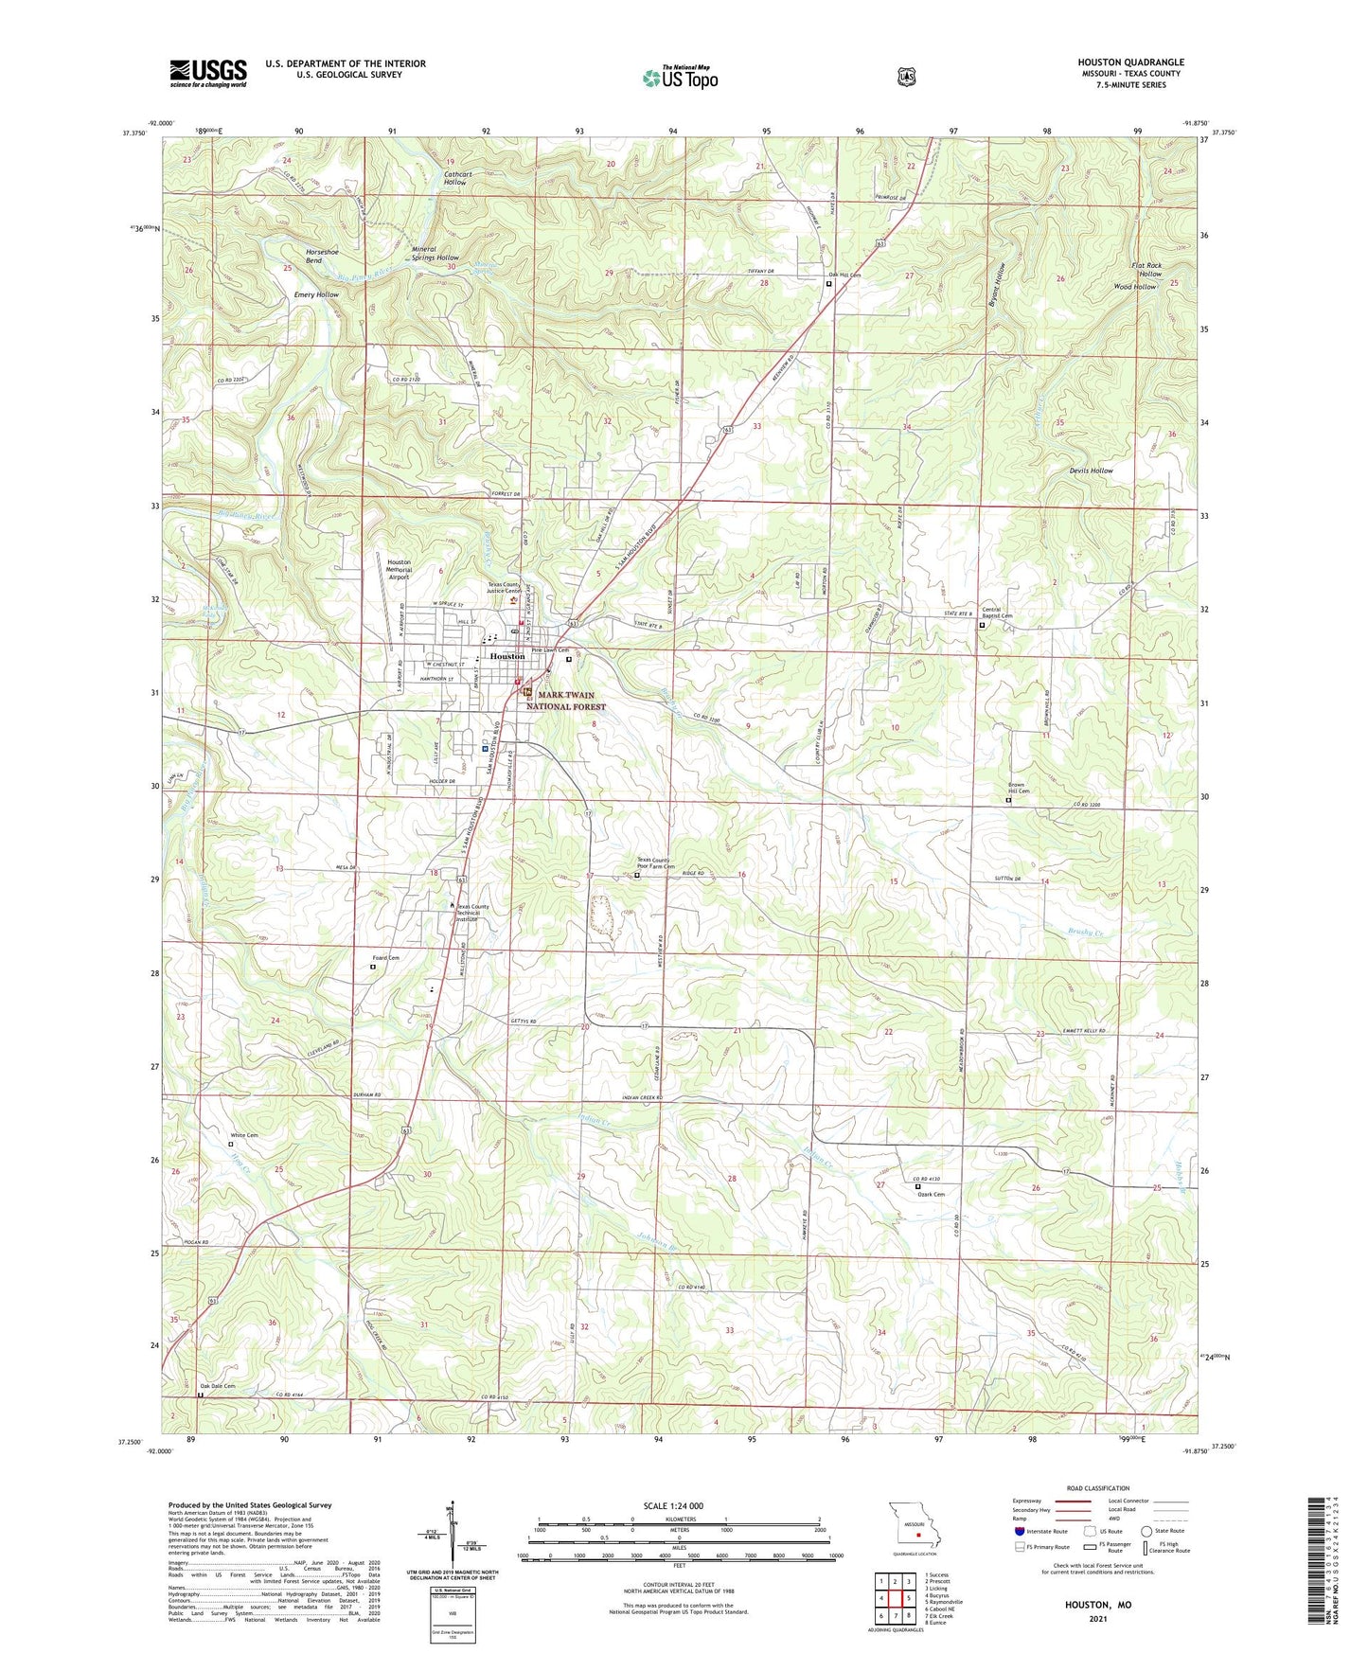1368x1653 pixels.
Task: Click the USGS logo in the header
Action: [208, 72]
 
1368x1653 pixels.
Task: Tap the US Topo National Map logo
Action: [680, 77]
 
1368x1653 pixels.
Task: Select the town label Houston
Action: [507, 656]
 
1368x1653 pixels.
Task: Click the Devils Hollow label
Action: [1091, 471]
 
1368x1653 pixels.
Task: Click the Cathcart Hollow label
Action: [454, 178]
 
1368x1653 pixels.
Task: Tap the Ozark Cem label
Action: [931, 1195]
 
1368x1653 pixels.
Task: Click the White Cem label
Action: [244, 1134]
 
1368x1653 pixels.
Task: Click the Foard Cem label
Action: [385, 958]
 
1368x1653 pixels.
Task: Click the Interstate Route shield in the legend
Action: [1019, 1531]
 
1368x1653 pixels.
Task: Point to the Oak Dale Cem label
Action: [217, 1386]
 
